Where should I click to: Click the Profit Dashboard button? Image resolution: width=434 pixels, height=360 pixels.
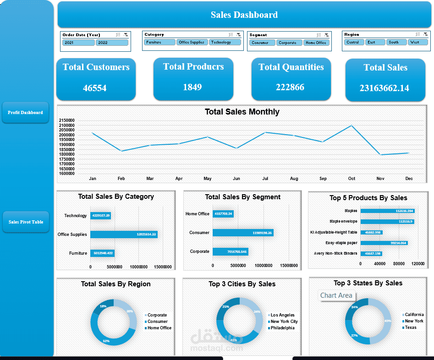coord(25,112)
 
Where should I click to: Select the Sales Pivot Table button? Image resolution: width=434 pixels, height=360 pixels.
coord(26,222)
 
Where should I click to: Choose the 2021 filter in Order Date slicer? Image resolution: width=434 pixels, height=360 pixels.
coord(78,43)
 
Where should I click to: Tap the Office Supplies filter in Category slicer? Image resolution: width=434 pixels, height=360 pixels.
coord(192,42)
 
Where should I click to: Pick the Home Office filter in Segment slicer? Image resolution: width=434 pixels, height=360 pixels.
coord(316,43)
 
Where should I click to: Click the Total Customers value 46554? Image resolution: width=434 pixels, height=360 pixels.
coord(95,88)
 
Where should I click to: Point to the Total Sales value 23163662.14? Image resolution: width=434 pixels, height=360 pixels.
coord(384,88)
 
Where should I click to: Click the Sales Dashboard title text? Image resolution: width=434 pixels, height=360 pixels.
coord(244,15)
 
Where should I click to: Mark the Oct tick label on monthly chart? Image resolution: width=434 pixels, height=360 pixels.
coord(352,179)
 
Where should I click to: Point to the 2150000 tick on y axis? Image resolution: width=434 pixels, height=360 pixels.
coord(67,120)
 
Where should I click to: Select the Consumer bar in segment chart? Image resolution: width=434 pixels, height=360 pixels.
coord(243,233)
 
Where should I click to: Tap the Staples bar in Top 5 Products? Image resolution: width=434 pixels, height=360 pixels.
coord(387,211)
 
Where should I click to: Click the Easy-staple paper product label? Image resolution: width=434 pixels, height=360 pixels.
coord(341,243)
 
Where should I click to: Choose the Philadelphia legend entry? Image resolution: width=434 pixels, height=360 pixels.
coord(282,328)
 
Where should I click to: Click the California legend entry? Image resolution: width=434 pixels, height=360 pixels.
coord(414,315)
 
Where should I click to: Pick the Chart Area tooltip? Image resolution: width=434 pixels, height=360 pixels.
coord(336,295)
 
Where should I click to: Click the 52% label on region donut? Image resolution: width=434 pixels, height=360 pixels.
coord(106,341)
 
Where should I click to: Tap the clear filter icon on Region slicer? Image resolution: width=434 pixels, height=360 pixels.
coord(425,34)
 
